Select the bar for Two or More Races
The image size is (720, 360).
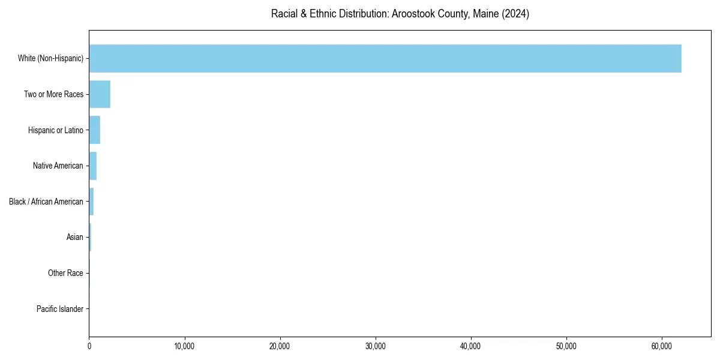pyautogui.click(x=100, y=94)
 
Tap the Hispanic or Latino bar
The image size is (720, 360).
pyautogui.click(x=95, y=130)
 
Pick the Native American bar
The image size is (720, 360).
pyautogui.click(x=93, y=166)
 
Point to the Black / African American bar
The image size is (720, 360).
pyautogui.click(x=91, y=202)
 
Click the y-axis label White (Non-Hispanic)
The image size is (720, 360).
pyautogui.click(x=50, y=58)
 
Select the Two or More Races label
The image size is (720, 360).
pyautogui.click(x=53, y=94)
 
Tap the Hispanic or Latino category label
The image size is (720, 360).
pyautogui.click(x=55, y=130)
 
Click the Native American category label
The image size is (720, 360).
pyautogui.click(x=58, y=166)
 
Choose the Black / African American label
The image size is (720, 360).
pyautogui.click(x=46, y=202)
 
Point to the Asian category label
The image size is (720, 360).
pyautogui.click(x=74, y=238)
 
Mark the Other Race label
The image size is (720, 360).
pyautogui.click(x=65, y=273)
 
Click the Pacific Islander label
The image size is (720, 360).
pyautogui.click(x=59, y=309)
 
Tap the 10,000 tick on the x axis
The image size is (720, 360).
pyautogui.click(x=184, y=346)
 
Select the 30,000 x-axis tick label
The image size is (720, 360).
pyautogui.click(x=376, y=346)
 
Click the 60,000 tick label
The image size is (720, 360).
pyautogui.click(x=662, y=346)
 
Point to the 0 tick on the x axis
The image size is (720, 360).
pyautogui.click(x=89, y=346)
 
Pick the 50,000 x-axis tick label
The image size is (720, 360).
pyautogui.click(x=566, y=346)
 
